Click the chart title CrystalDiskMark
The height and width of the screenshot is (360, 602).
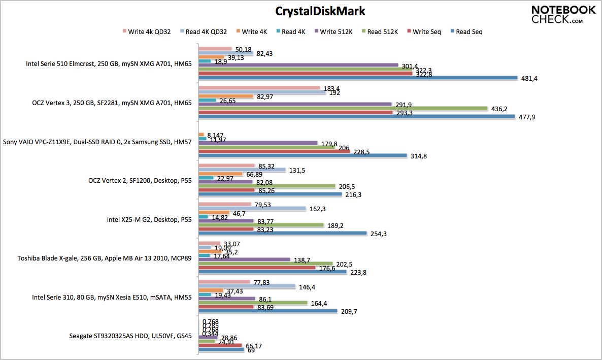click(320, 11)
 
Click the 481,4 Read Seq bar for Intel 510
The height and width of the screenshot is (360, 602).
click(357, 78)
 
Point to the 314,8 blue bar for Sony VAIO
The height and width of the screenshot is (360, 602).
click(303, 155)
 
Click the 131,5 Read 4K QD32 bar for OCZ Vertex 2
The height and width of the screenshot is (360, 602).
click(242, 170)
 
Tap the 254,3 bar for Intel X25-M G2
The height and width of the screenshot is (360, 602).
click(282, 234)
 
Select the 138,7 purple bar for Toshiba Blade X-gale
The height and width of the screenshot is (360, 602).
click(244, 259)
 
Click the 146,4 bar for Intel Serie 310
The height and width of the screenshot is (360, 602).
click(247, 286)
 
